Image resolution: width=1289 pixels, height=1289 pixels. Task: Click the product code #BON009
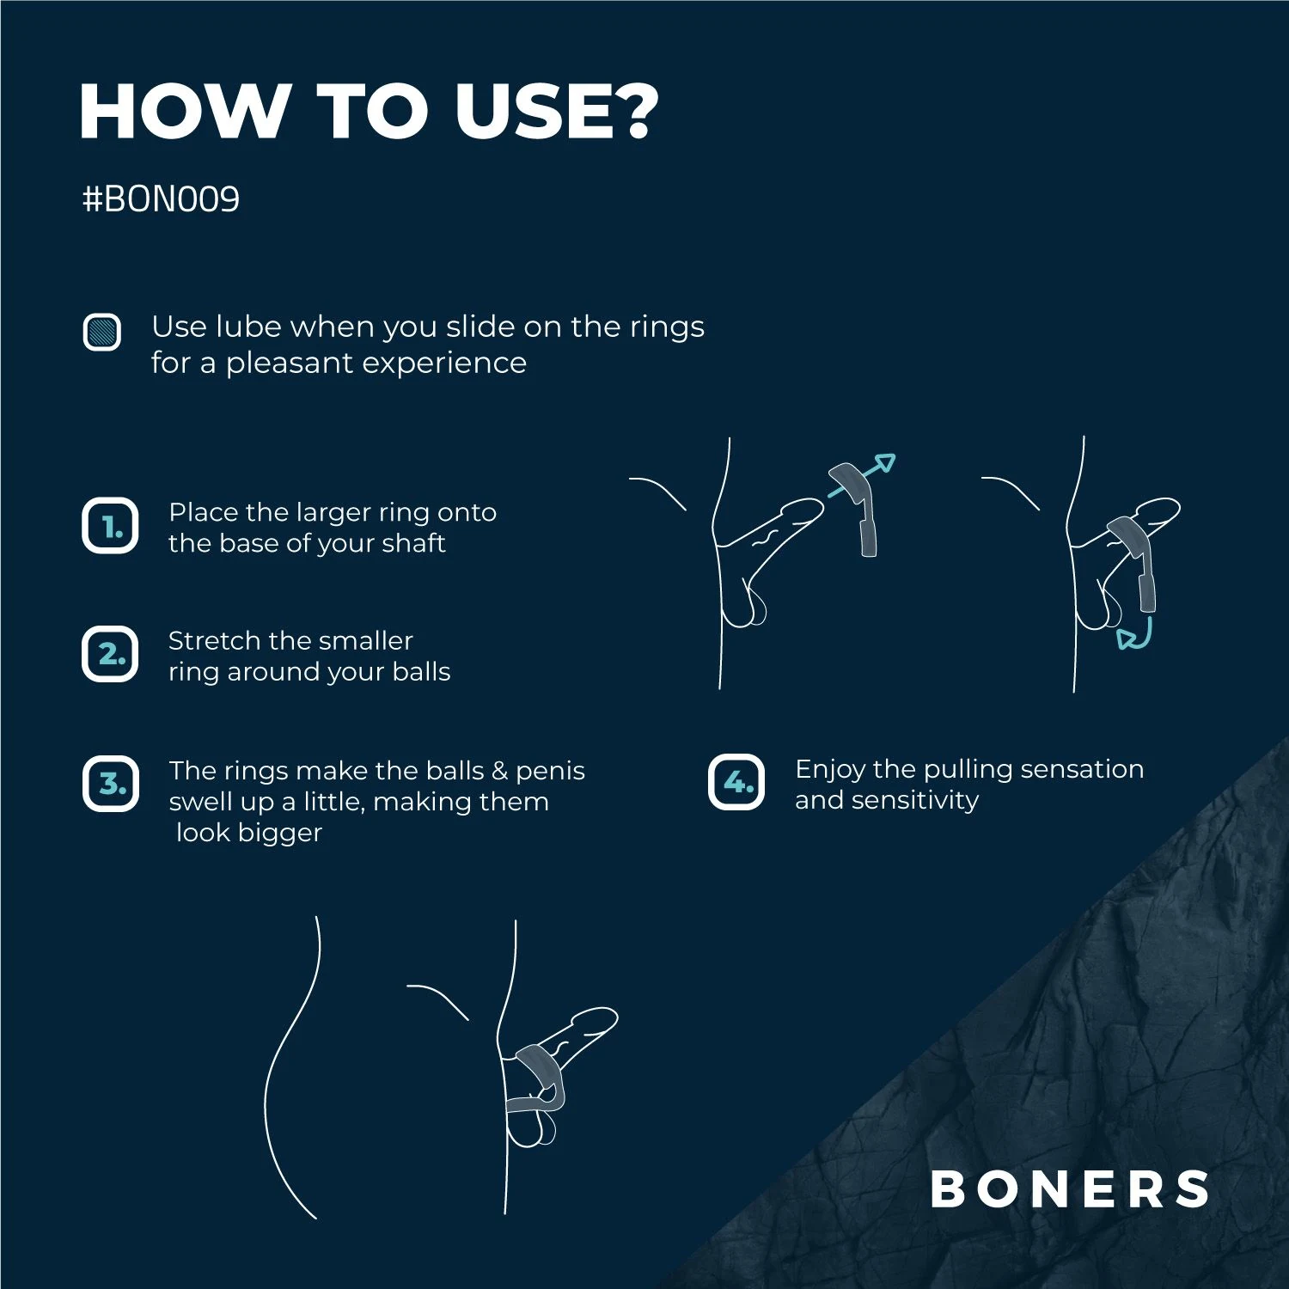161,199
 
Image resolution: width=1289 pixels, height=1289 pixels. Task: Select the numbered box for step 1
110,526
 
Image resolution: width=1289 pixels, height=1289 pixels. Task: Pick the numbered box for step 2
110,654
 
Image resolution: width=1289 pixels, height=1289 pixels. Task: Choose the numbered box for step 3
110,784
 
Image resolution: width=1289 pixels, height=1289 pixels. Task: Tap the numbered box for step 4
736,782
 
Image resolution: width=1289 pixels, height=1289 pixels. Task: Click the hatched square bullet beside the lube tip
101,332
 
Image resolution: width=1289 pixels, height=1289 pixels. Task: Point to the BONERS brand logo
1070,1189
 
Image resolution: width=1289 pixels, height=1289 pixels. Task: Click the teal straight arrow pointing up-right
862,475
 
